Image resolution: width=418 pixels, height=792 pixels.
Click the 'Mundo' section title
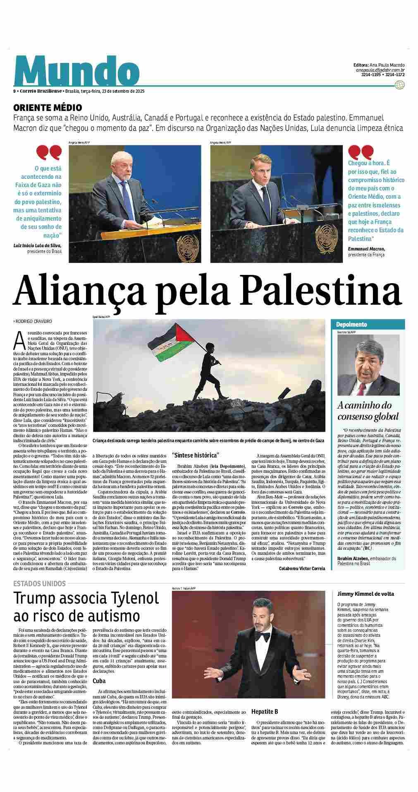coord(77,70)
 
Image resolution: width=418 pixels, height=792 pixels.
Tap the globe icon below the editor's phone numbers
coord(399,85)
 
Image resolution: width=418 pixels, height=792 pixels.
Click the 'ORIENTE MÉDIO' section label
coord(47,108)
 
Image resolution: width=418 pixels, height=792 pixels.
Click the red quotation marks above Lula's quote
coord(49,152)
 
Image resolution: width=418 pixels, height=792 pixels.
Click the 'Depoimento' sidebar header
coord(351,325)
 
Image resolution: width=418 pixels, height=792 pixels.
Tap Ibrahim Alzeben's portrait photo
coord(368,364)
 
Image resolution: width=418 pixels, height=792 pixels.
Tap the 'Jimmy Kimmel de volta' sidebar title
coord(365,594)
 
